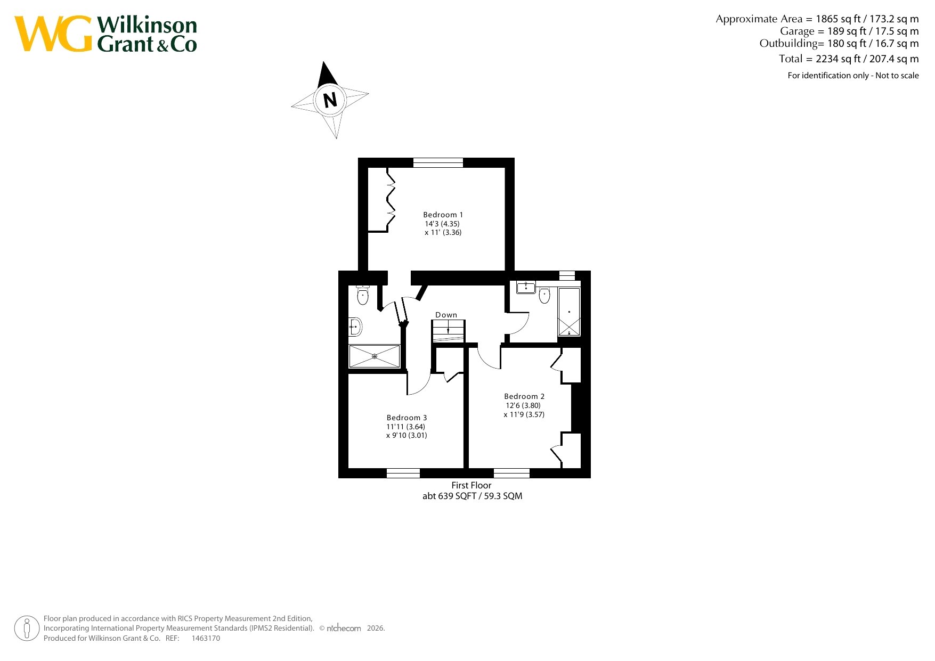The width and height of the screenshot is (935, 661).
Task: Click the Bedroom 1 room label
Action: (443, 215)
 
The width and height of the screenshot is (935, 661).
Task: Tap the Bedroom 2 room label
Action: (524, 396)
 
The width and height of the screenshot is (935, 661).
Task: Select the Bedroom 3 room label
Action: (406, 418)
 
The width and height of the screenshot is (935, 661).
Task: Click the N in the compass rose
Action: (330, 100)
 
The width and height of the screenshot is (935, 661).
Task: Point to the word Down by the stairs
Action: (446, 315)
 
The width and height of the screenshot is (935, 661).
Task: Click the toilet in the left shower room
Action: (363, 295)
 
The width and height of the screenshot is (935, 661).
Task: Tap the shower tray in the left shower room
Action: (375, 356)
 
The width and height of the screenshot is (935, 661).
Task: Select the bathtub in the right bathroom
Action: (569, 312)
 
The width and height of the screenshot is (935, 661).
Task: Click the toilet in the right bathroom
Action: (544, 294)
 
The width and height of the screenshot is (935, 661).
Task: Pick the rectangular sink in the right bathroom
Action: (526, 287)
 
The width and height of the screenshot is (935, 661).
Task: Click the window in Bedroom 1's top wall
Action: (438, 162)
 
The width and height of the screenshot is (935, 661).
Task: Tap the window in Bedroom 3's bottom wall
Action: (403, 473)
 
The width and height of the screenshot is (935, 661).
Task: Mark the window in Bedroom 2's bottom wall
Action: (511, 473)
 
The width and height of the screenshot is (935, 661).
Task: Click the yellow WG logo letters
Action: (53, 34)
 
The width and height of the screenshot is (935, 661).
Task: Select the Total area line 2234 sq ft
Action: (849, 59)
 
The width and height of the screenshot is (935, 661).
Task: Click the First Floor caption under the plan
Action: (471, 485)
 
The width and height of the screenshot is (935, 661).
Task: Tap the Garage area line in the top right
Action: (849, 31)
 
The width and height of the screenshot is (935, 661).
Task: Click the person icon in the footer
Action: (27, 629)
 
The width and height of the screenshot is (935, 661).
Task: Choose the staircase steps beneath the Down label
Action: (449, 331)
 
